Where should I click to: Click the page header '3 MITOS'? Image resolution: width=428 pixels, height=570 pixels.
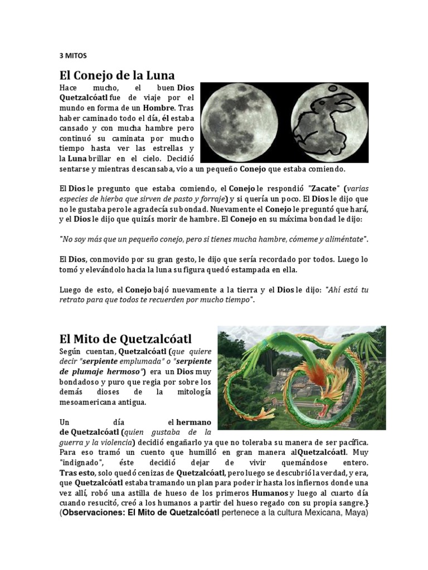tap(73, 56)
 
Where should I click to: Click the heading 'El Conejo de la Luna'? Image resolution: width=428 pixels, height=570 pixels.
tap(117, 75)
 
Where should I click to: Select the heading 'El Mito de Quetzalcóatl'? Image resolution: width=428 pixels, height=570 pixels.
tap(125, 338)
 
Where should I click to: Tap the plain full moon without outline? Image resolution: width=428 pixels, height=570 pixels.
tap(242, 122)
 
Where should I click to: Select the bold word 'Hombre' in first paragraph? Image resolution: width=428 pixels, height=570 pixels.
tap(159, 108)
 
